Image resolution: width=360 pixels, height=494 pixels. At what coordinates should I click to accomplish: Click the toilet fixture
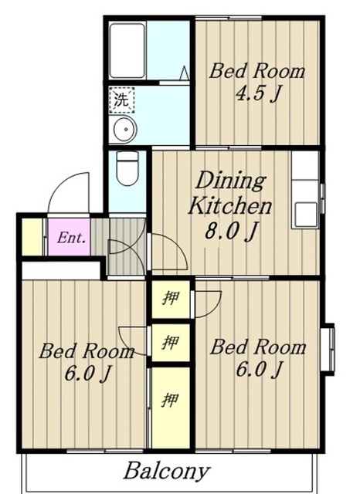pos(127,168)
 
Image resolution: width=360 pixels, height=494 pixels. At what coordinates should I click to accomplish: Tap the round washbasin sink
pos(125,129)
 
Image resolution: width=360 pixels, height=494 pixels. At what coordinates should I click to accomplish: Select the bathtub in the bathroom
pos(127,51)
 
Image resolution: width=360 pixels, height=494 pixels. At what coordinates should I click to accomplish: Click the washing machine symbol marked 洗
pos(122,100)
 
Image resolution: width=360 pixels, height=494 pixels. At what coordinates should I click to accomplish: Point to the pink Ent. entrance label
pos(71,238)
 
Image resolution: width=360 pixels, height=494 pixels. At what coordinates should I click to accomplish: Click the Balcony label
pos(167,472)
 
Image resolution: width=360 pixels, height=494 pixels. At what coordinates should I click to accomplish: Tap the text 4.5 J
pos(258,93)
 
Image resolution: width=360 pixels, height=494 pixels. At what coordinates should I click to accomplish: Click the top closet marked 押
pos(172,299)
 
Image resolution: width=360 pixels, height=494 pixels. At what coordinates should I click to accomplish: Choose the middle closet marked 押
pos(172,343)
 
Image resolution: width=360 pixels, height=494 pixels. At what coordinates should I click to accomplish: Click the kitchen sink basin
pos(306,215)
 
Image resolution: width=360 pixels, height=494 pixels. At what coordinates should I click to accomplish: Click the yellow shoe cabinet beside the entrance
pos(32,237)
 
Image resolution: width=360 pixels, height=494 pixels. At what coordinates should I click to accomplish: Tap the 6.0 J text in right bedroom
pos(259,370)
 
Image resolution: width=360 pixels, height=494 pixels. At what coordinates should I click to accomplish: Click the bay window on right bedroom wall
pos(330,349)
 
